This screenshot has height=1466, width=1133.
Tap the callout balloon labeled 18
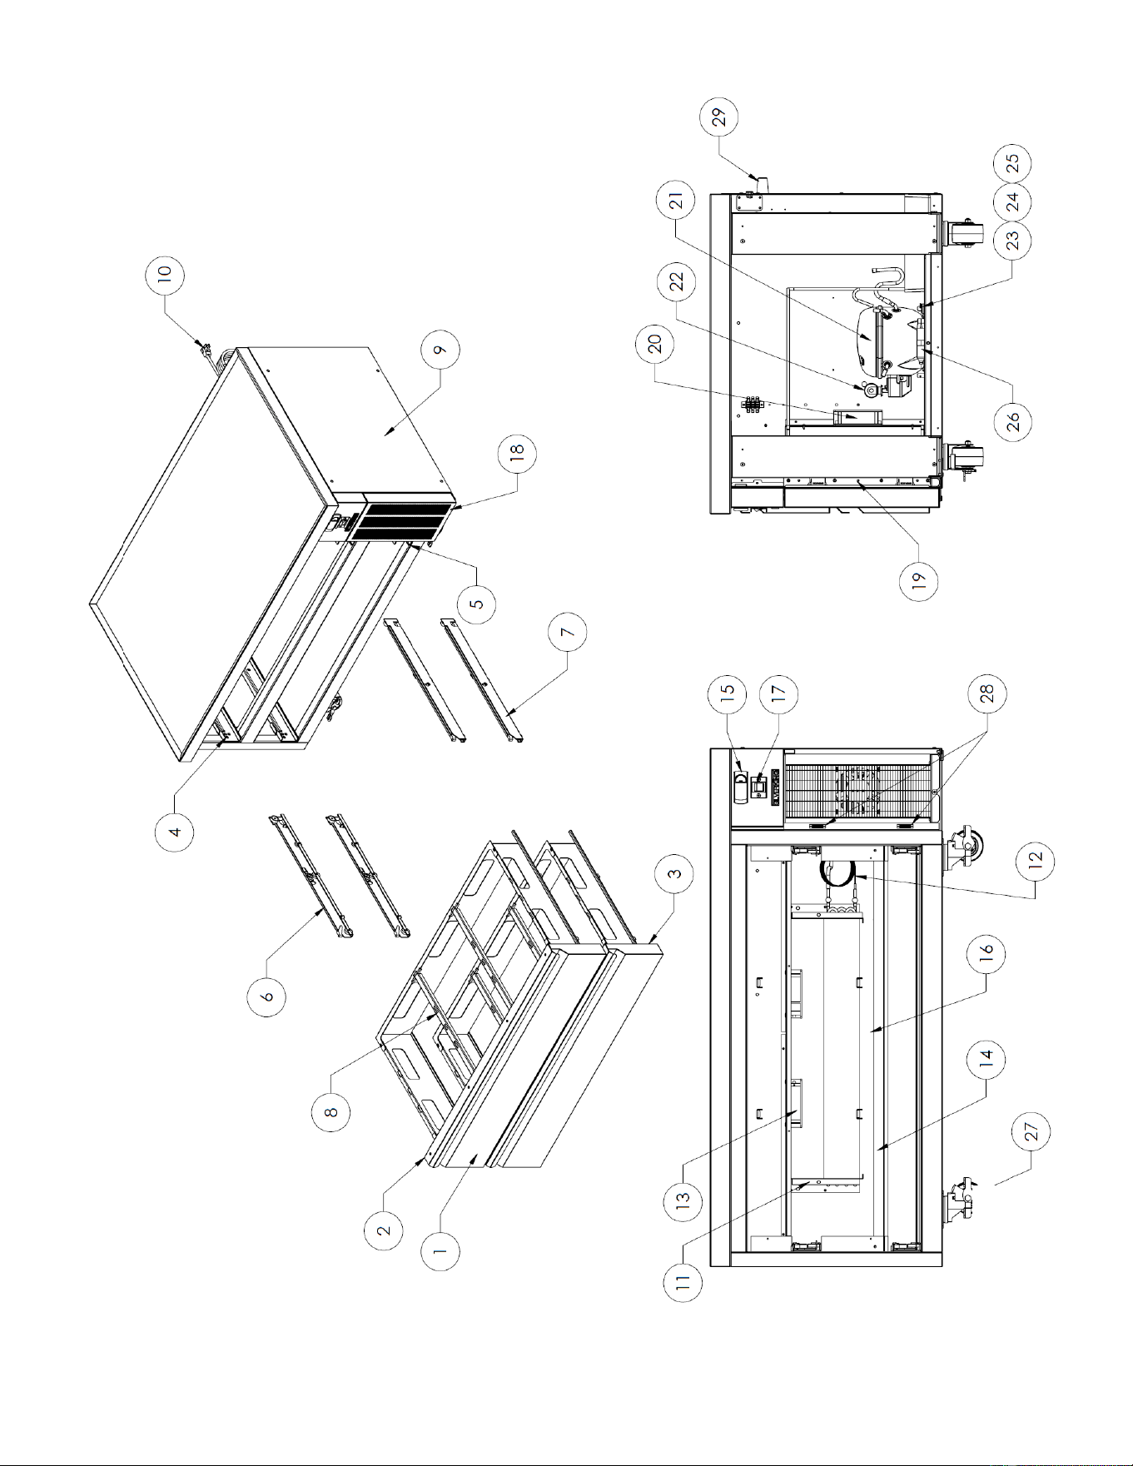point(517,454)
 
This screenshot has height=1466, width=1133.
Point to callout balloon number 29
point(719,116)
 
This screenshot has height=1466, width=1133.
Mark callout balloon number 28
point(986,694)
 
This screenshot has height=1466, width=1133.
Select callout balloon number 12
point(1036,861)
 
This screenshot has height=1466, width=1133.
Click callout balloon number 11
point(683,1282)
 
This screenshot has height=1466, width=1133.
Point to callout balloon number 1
point(440,1250)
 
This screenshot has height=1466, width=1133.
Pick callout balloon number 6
point(267,996)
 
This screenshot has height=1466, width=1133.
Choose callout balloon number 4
point(176,830)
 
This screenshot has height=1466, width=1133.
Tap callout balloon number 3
point(675,873)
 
